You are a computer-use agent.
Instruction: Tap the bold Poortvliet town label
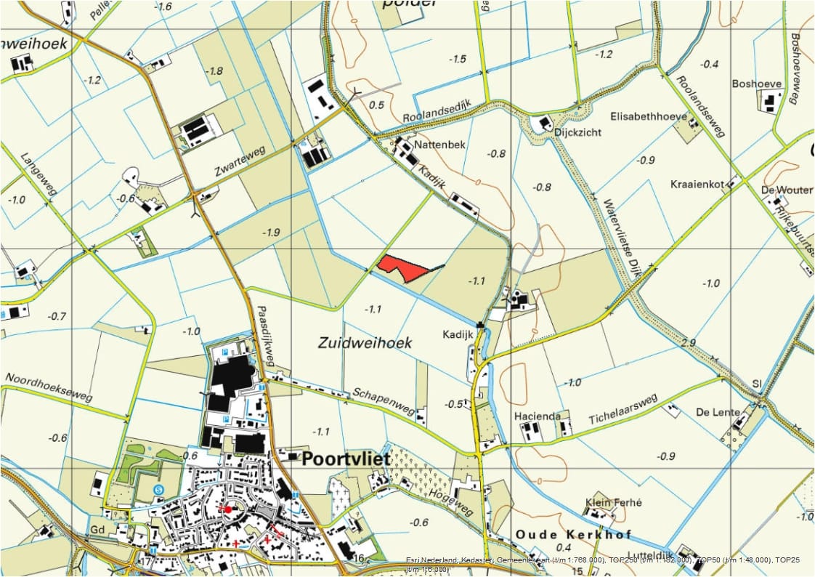click(346, 459)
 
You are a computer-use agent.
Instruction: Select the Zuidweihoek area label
click(365, 342)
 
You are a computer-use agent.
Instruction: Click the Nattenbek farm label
click(439, 145)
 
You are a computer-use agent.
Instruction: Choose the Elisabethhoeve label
click(649, 116)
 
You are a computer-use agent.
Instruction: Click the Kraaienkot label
click(697, 185)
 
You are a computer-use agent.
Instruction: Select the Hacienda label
click(537, 416)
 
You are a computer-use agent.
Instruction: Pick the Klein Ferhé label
click(614, 503)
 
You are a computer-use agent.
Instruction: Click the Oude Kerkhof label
click(564, 534)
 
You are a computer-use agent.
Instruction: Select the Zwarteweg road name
click(240, 162)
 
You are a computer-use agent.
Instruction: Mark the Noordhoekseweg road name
click(49, 387)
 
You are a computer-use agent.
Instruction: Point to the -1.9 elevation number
click(270, 232)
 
